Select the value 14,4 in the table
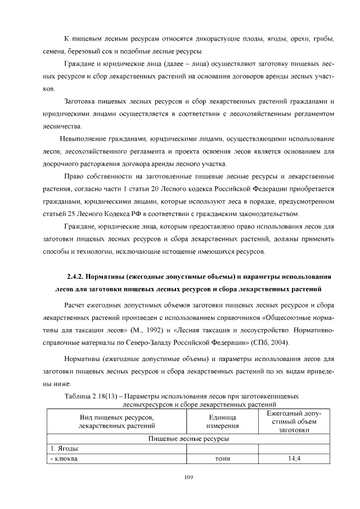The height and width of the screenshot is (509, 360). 294,458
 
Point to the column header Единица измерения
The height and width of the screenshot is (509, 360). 222,422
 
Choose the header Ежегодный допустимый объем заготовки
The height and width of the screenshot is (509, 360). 294,422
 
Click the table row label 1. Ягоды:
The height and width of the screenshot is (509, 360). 63,448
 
